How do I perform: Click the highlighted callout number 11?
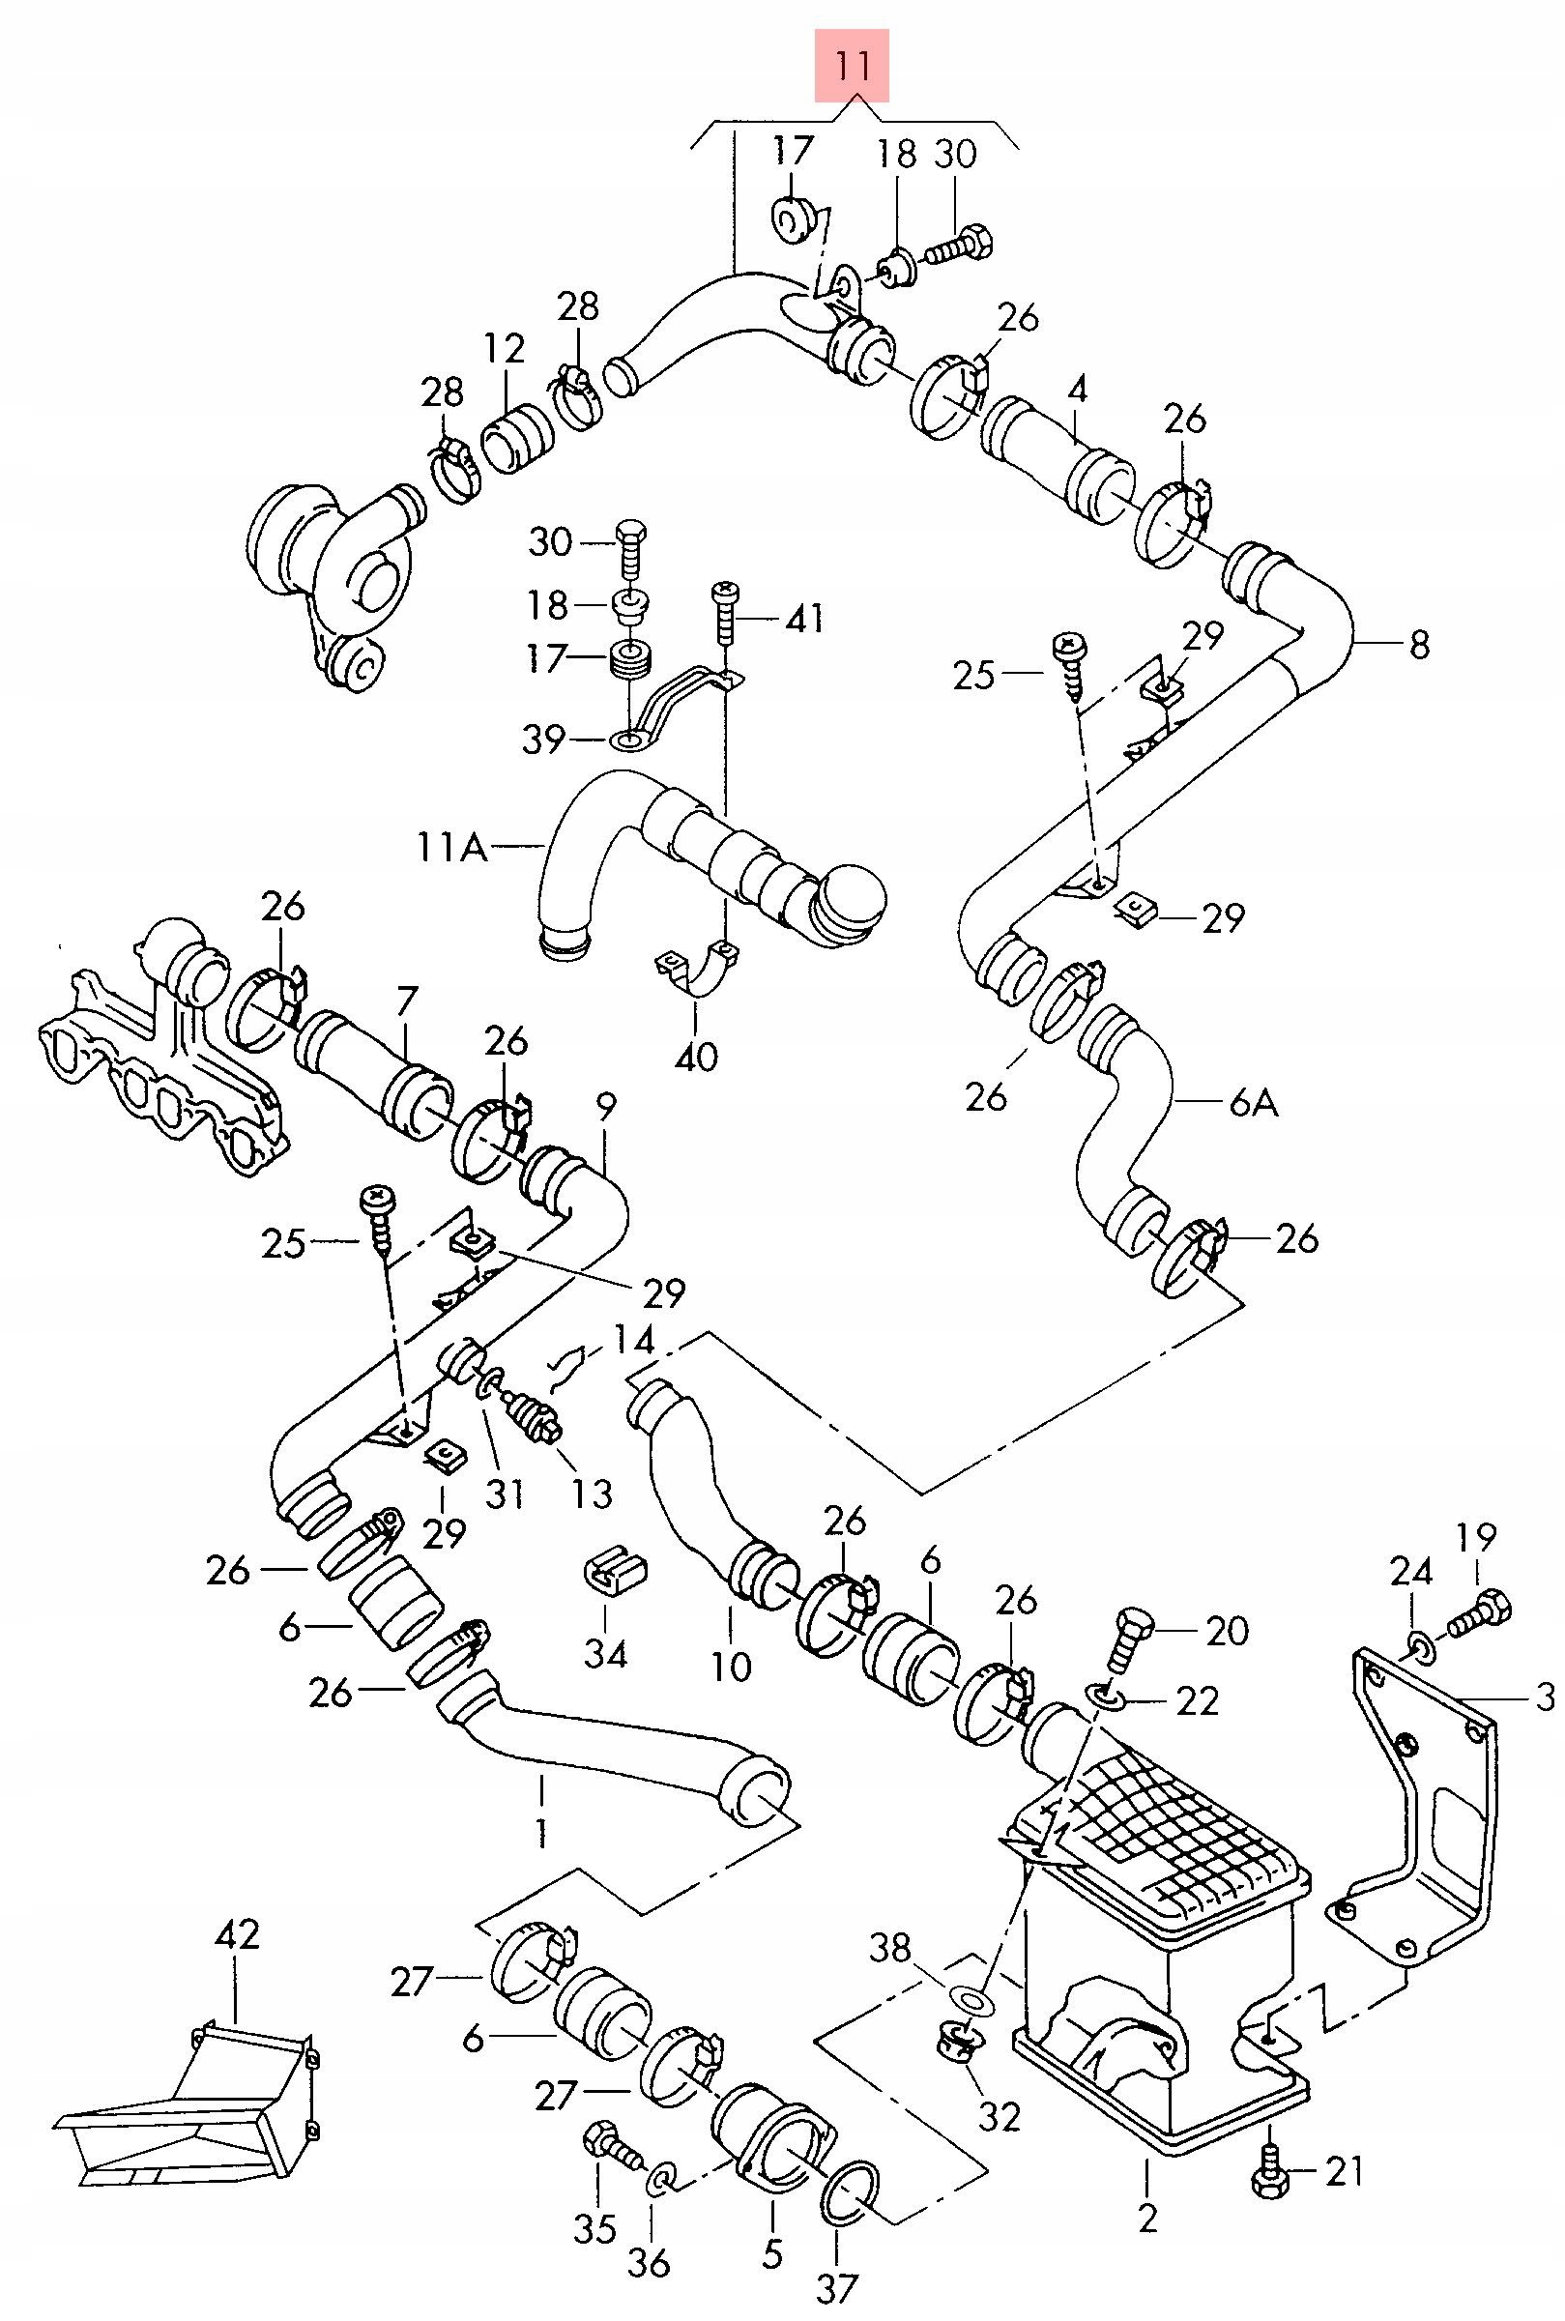click(852, 66)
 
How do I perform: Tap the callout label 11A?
click(451, 848)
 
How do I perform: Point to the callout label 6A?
click(1254, 1104)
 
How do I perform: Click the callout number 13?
click(592, 1493)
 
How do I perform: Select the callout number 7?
click(408, 1000)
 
